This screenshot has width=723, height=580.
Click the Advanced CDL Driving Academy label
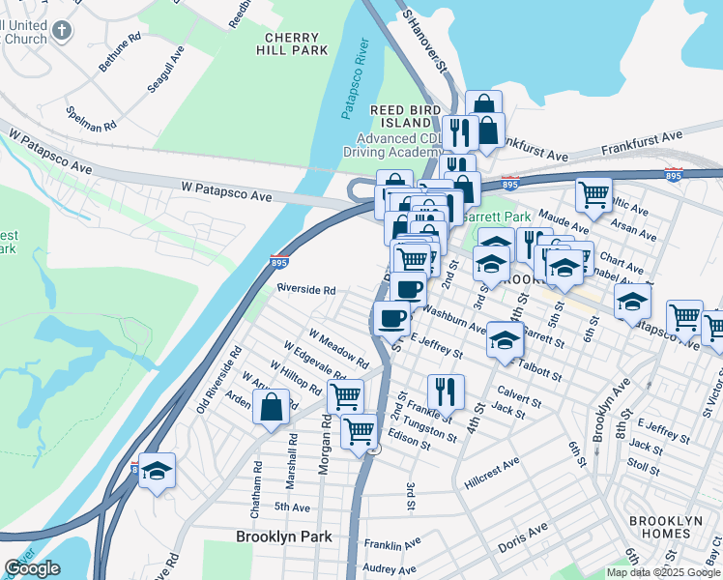pyautogui.click(x=393, y=146)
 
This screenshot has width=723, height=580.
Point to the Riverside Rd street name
pyautogui.click(x=305, y=289)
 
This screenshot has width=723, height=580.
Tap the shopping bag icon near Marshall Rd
pyautogui.click(x=272, y=407)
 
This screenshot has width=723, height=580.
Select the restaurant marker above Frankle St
pyautogui.click(x=446, y=391)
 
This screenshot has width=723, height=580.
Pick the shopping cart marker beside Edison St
pyautogui.click(x=359, y=429)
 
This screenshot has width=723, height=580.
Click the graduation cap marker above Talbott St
pyautogui.click(x=504, y=339)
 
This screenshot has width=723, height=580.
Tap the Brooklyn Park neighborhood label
pyautogui.click(x=284, y=536)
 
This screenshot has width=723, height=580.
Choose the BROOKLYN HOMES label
pyautogui.click(x=665, y=527)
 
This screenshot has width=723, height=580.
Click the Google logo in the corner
pyautogui.click(x=31, y=568)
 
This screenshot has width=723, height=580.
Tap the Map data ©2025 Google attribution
pyautogui.click(x=662, y=572)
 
